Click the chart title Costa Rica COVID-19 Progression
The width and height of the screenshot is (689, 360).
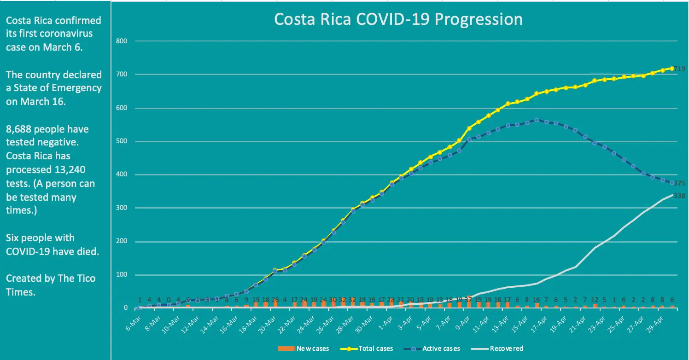point(398,20)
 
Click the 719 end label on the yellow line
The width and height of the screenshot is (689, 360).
point(680,69)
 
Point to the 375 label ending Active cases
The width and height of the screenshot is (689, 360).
point(680,183)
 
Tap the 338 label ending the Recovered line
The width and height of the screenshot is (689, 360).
point(680,196)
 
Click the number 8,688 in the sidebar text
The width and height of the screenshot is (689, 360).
point(19,129)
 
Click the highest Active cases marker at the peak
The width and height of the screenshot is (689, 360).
point(537,120)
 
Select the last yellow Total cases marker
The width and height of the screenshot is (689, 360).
point(672,69)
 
